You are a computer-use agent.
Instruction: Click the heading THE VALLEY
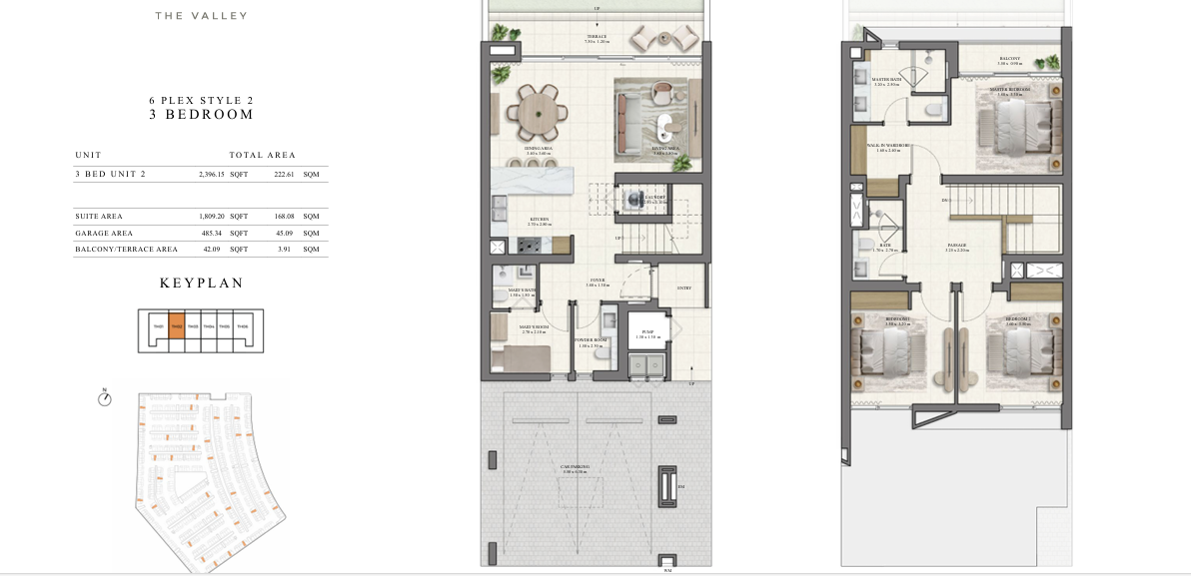(201, 16)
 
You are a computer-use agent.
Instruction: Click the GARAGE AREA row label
(104, 233)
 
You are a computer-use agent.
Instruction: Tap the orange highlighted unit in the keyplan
(176, 325)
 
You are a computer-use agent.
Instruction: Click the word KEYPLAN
(201, 284)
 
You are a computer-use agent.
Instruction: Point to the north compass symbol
(104, 398)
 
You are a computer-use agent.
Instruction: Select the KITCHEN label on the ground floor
(539, 221)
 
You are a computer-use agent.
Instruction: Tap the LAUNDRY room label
(626, 198)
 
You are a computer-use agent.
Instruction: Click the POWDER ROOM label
(591, 340)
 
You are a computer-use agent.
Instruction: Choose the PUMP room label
(647, 333)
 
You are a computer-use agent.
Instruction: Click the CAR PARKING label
(576, 467)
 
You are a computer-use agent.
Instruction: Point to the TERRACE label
(596, 38)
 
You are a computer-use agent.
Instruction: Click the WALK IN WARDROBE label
(888, 146)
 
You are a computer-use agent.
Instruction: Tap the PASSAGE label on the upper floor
(957, 245)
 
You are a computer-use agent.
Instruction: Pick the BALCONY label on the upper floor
(1009, 59)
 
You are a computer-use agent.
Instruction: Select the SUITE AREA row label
(98, 216)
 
